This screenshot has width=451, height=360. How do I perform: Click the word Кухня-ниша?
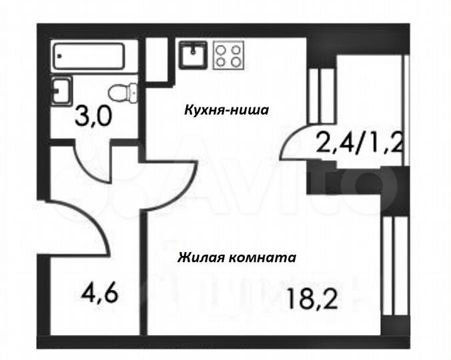[226, 110]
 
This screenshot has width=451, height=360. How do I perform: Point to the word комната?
[261, 257]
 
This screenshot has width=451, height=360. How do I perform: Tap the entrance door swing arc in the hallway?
[80, 227]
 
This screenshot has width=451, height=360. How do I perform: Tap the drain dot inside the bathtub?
[61, 57]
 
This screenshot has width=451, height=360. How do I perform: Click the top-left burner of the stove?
[220, 48]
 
